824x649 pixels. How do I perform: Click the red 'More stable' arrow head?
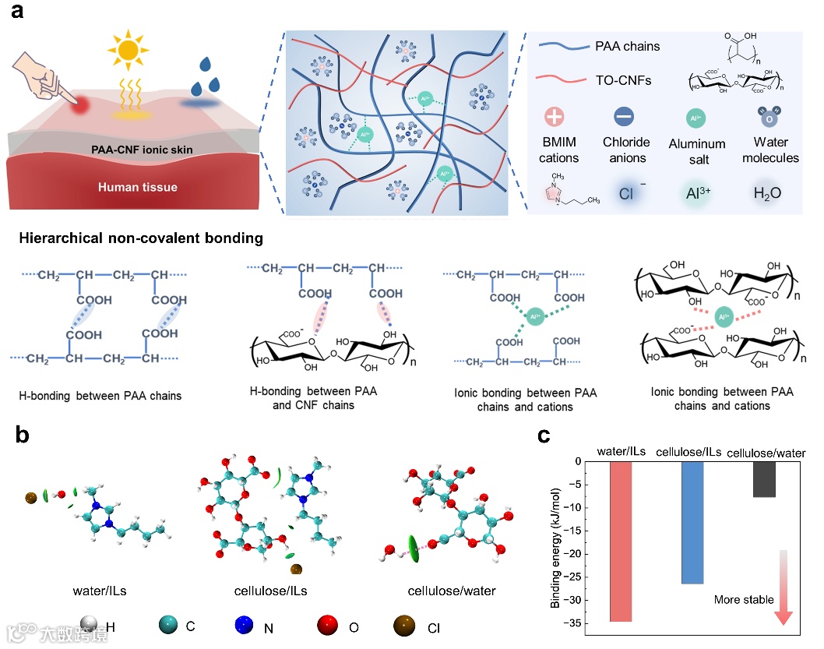coord(784,617)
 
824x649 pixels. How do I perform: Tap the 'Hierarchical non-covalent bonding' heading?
coord(141,238)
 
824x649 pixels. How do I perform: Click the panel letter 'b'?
coord(23,436)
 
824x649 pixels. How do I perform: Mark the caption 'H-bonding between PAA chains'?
coord(100,396)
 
